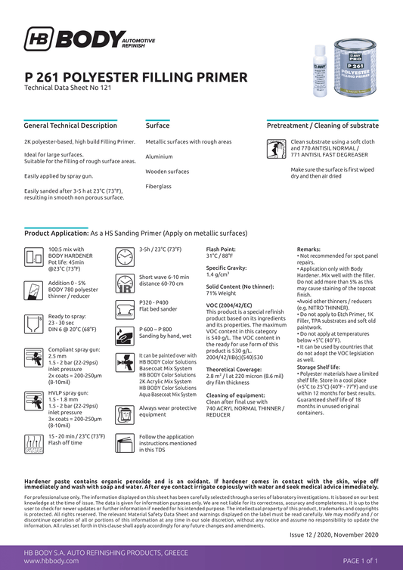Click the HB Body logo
pos(89,40)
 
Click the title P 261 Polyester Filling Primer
pos(135,77)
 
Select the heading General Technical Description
pos(70,125)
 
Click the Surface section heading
pos(157,125)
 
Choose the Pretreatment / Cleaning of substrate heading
pos(323,125)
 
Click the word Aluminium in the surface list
pos(159,156)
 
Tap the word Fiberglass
pos(159,186)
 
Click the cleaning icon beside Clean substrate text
pos(277,150)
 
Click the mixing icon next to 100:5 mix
pos(34,257)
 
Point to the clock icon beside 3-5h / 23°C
pos(124,257)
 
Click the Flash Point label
pos(221,249)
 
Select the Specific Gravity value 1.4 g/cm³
pos(219,274)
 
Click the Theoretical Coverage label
pos(233,369)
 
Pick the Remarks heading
pos(308,249)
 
